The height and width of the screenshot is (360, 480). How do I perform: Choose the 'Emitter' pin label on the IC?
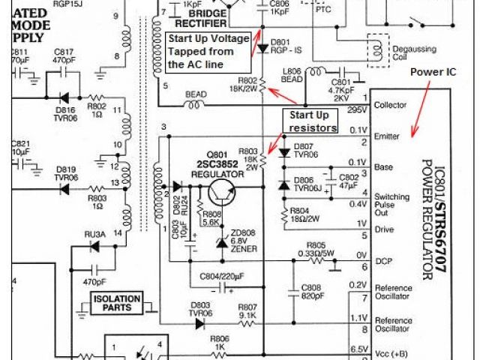(387, 136)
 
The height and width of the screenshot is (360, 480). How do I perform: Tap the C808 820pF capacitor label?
(312, 291)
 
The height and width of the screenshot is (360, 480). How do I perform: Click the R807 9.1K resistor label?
(247, 310)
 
